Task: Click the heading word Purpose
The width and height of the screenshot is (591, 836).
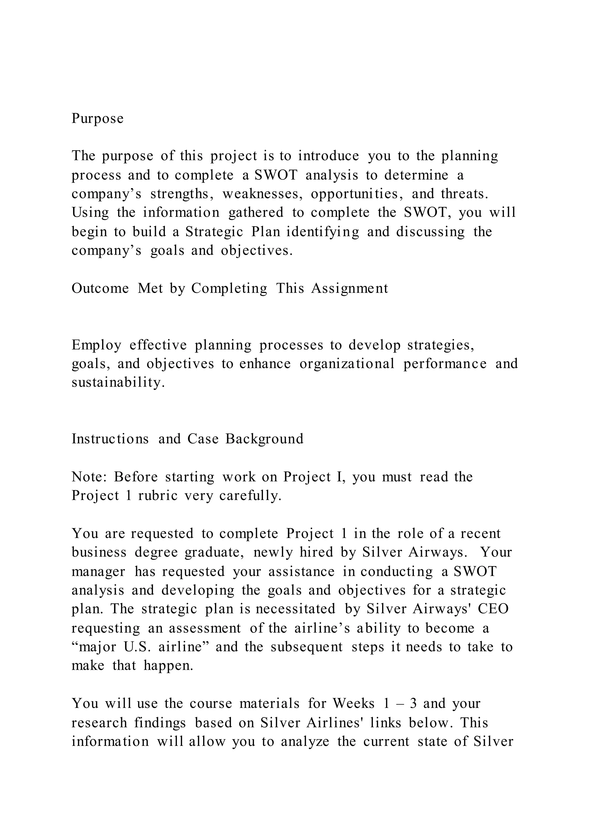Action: tap(98, 119)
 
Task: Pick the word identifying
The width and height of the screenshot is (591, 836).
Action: tap(322, 232)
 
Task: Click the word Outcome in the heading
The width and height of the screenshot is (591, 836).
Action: tap(100, 288)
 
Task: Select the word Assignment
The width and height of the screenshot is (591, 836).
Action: tap(349, 288)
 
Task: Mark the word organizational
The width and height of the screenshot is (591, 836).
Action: tap(347, 364)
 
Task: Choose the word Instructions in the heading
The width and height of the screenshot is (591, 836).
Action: tap(110, 439)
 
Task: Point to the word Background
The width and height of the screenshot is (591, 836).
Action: tap(264, 439)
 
